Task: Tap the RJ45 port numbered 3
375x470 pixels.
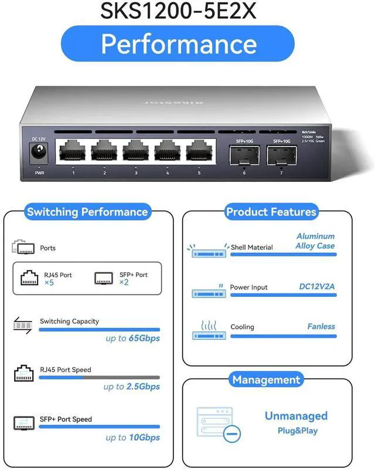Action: point(135,152)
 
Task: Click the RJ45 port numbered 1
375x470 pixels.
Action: point(72,152)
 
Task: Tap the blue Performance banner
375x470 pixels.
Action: point(179,45)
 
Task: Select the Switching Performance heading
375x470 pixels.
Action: point(87,212)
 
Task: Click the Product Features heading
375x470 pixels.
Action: point(271,212)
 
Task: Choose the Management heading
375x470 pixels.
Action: point(266,380)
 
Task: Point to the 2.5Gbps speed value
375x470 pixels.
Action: point(143,387)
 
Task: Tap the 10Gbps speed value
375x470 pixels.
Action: point(144,437)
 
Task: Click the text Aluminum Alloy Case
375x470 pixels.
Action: point(315,241)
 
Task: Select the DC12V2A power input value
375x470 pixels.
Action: point(317,287)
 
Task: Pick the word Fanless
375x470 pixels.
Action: point(321,326)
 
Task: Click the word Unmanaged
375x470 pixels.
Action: point(296,416)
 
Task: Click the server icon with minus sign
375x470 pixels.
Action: point(219,424)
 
